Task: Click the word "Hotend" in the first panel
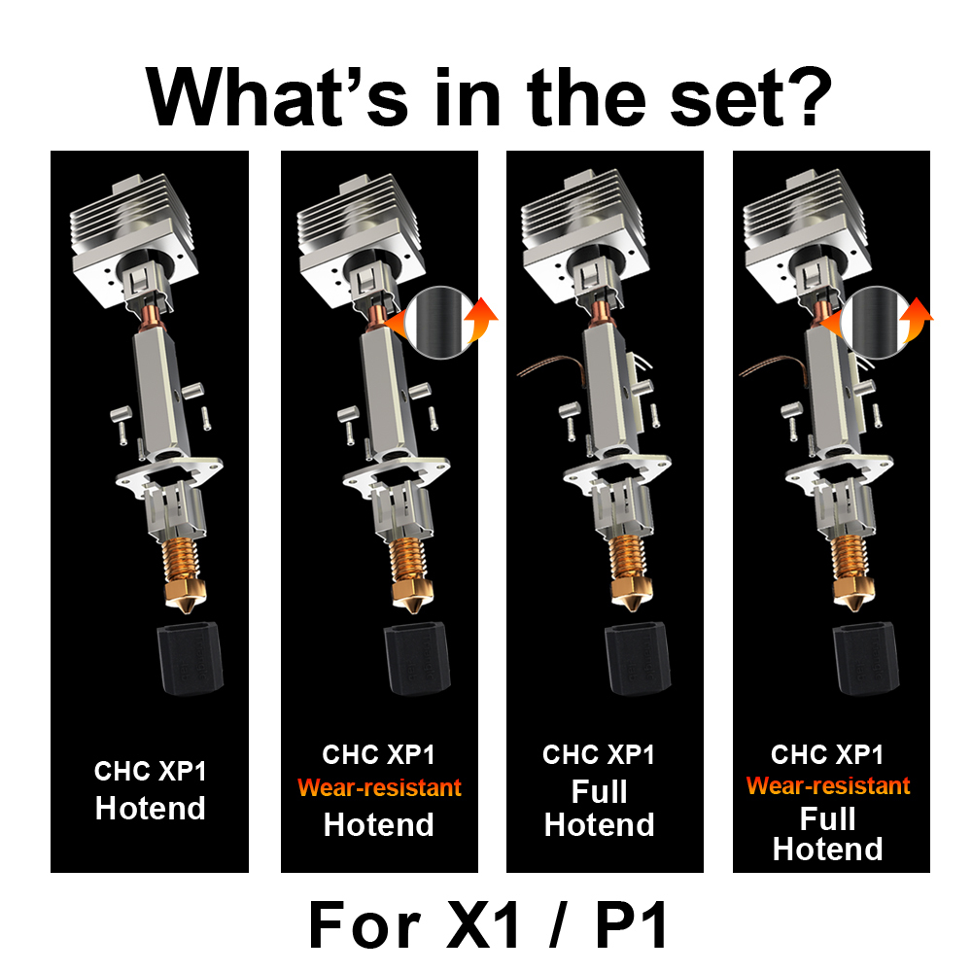(x=151, y=809)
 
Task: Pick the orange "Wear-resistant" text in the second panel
(x=379, y=787)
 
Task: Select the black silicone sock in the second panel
(x=415, y=656)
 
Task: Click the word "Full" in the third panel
(x=600, y=791)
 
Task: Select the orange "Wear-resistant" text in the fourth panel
(x=828, y=785)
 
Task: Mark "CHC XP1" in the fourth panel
(x=827, y=754)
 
